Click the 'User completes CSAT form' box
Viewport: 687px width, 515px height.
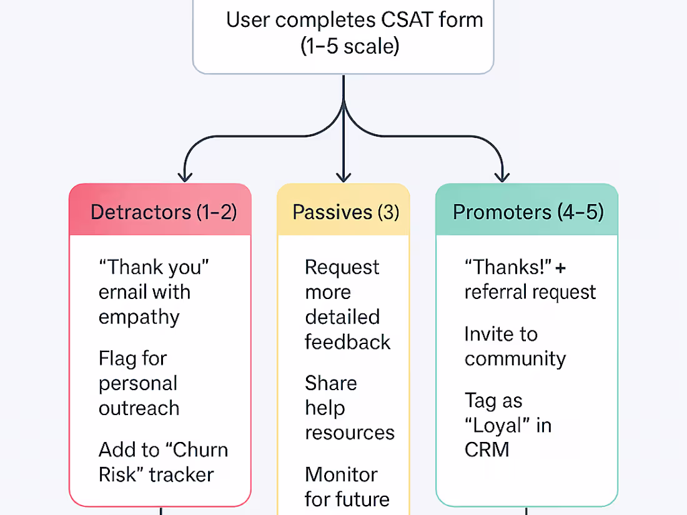point(343,34)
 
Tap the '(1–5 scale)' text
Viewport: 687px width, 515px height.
point(350,47)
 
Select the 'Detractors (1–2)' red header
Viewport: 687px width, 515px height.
point(161,212)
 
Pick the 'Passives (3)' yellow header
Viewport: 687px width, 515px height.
point(344,212)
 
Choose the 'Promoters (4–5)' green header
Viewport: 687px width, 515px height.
point(527,212)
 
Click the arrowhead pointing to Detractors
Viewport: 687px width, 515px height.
point(185,175)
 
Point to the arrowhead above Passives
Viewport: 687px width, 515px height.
point(343,175)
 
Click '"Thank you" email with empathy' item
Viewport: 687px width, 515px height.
point(153,292)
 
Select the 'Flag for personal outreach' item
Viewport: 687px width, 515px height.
point(139,383)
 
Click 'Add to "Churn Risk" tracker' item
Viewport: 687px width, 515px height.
point(162,462)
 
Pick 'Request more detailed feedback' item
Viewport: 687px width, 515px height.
point(347,304)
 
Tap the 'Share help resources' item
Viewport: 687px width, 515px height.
point(349,408)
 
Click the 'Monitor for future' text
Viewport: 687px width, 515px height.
point(347,487)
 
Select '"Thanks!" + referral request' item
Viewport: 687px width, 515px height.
point(530,279)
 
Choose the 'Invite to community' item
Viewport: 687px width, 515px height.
point(515,346)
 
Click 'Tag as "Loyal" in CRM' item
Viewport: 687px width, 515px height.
point(507,424)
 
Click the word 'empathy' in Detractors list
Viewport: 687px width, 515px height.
point(139,317)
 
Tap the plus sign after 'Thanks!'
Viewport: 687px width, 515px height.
point(560,267)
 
